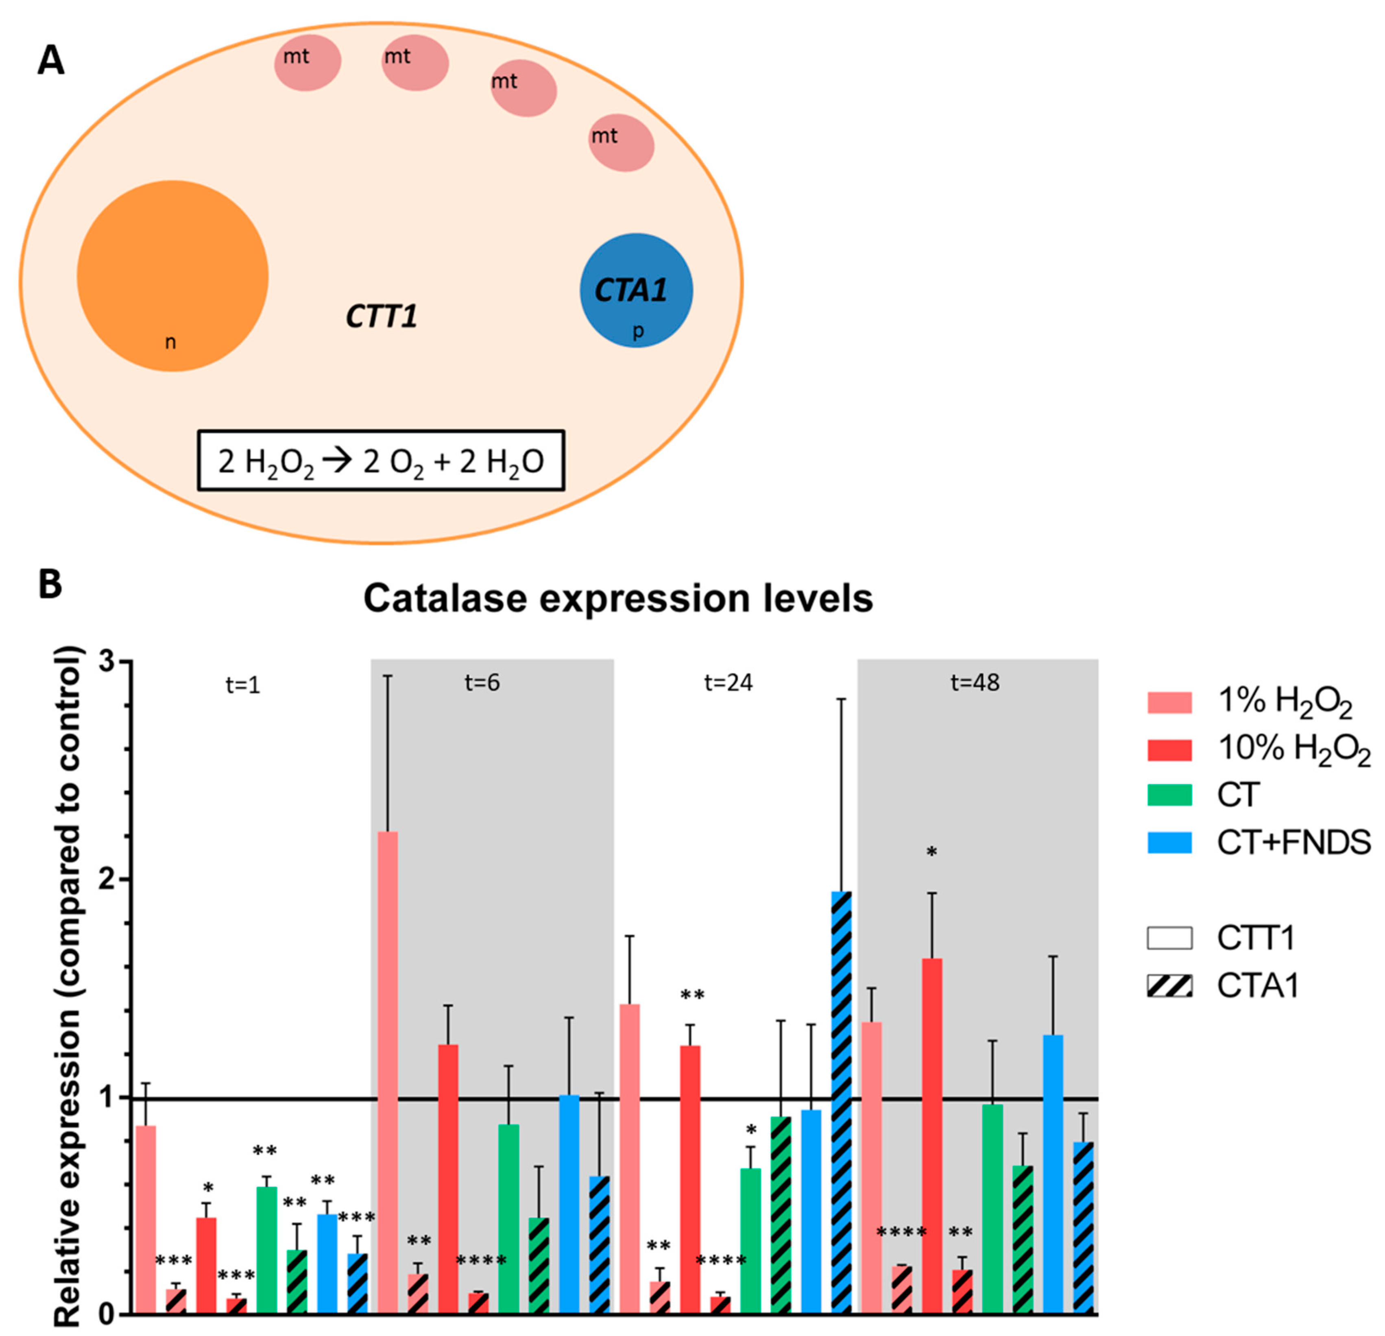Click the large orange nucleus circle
[x=172, y=276]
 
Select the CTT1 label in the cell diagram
[x=382, y=316]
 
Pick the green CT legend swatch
[x=1169, y=795]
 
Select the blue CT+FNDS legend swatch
[x=1169, y=843]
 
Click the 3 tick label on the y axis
[x=106, y=661]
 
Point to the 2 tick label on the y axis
[x=106, y=880]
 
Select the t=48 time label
[x=975, y=683]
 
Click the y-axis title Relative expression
[x=69, y=990]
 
